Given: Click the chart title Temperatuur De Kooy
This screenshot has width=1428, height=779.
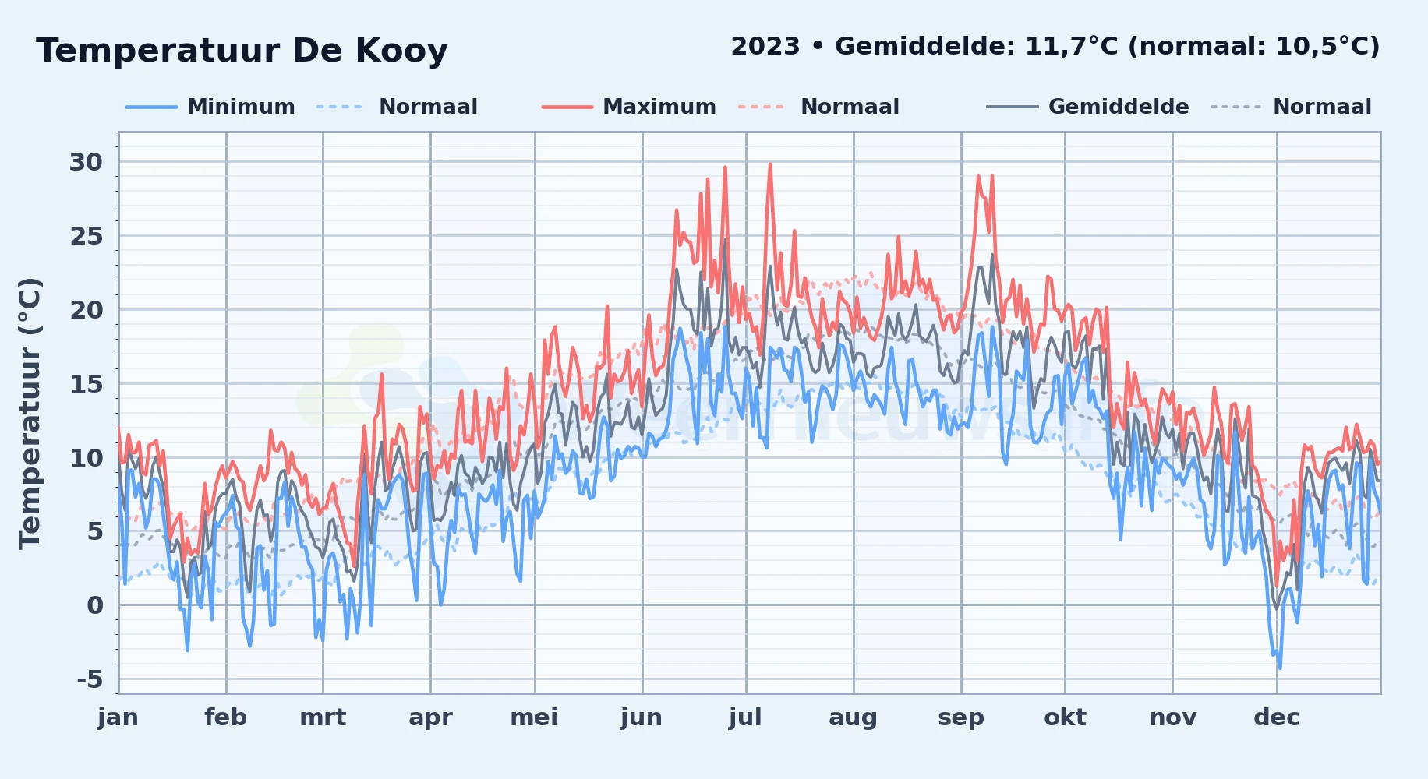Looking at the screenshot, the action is tap(242, 51).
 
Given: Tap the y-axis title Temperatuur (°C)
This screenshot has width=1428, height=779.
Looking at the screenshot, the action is tap(30, 414).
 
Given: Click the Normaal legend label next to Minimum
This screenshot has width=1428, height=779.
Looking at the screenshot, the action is tap(428, 107).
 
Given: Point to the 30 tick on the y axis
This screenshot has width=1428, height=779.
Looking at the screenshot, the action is tap(86, 162).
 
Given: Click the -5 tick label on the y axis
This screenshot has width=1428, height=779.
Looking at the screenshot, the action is tap(90, 679).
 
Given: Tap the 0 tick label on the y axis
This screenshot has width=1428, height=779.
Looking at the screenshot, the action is tap(95, 605).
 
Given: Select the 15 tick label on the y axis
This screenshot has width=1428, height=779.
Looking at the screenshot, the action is tap(86, 384).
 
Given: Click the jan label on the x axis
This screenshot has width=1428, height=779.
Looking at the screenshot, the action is tap(118, 717).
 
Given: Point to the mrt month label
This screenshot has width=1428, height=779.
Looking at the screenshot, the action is tap(323, 717).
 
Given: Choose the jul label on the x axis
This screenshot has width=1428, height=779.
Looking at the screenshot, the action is tap(745, 717).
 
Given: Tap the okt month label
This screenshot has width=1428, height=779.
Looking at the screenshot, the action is tap(1065, 717).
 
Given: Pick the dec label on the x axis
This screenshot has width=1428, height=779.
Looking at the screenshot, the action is tap(1277, 717).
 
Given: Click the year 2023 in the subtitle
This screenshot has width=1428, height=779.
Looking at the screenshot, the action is tap(765, 47).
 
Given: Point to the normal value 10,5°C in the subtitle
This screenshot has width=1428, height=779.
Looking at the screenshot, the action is tap(1321, 47).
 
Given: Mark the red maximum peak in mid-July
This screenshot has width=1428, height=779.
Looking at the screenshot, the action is tap(770, 164).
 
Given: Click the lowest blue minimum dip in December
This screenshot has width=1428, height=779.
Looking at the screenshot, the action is tap(1279, 668).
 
